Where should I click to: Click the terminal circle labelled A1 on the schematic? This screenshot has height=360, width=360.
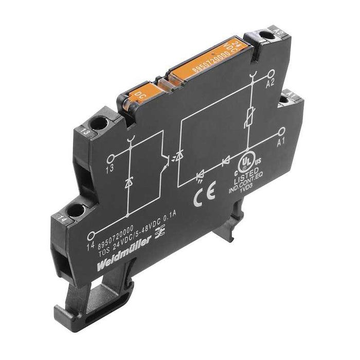(281, 132)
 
